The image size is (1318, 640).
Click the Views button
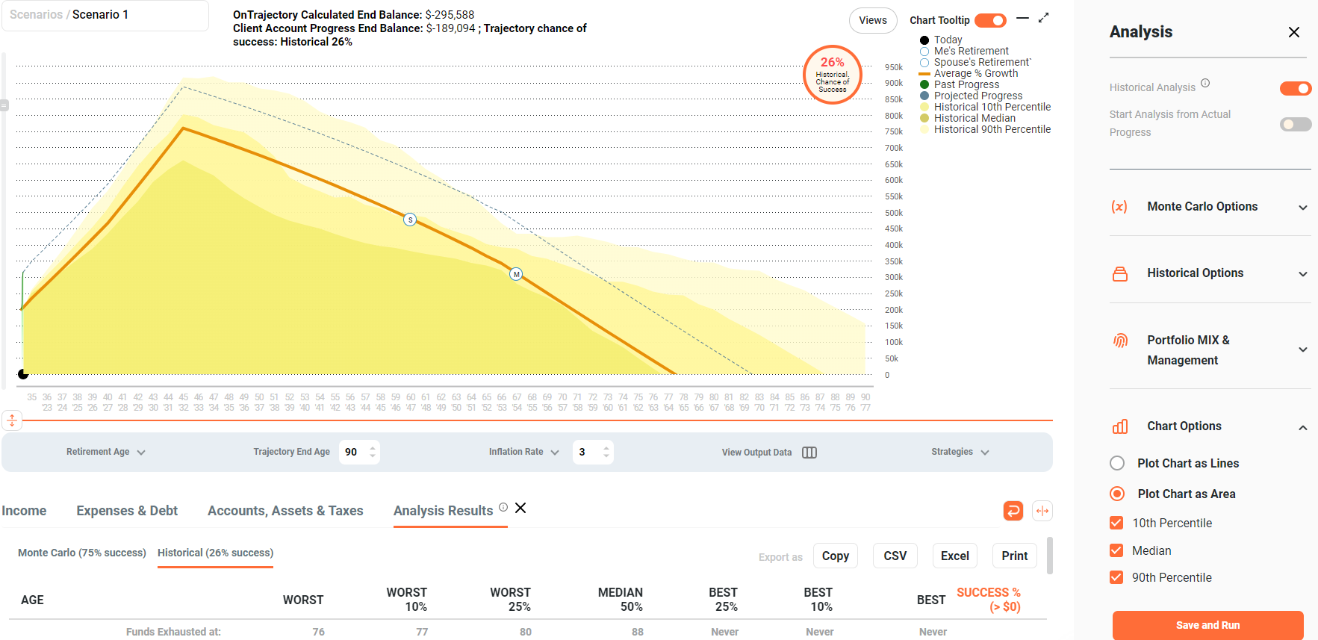[872, 20]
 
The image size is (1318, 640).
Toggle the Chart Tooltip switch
[990, 20]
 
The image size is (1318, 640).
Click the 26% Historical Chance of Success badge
[832, 75]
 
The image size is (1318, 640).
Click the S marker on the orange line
[410, 220]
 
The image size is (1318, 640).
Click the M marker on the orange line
[516, 274]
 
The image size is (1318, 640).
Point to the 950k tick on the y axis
[894, 67]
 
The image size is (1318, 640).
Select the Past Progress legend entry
[966, 84]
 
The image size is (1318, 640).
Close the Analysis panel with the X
[1293, 32]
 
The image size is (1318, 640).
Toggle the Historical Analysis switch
[1295, 89]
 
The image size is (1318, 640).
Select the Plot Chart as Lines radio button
[1117, 463]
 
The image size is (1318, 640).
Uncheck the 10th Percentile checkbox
[1116, 523]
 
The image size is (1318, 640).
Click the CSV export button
[895, 556]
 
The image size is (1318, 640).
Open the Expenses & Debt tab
[127, 511]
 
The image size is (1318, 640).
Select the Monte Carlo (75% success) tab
[82, 553]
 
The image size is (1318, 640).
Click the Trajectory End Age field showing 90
[352, 452]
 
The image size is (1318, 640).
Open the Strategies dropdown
[960, 452]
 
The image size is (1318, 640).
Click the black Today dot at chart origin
[23, 373]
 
